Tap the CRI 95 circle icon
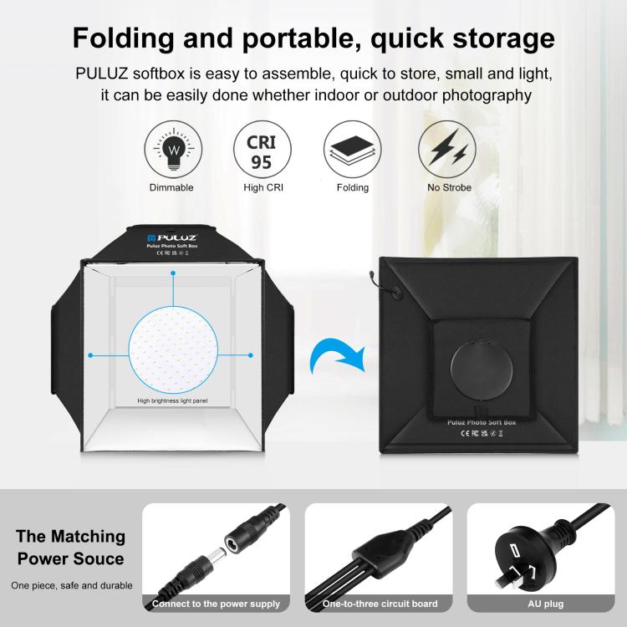(262, 148)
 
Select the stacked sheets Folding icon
(352, 148)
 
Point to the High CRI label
(263, 188)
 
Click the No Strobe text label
(449, 188)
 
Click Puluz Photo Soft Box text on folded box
(477, 423)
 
